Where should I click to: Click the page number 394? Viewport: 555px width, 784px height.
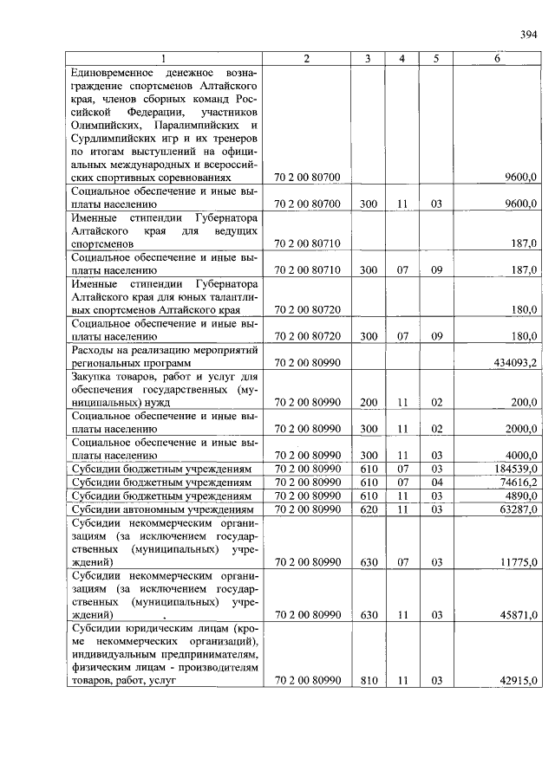[528, 35]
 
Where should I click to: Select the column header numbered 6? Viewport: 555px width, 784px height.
[497, 58]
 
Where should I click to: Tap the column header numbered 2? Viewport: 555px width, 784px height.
[306, 58]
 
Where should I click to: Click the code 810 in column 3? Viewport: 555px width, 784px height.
[369, 681]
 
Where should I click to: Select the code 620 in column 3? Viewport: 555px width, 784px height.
[369, 509]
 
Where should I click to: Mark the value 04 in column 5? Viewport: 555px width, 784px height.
[435, 482]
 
